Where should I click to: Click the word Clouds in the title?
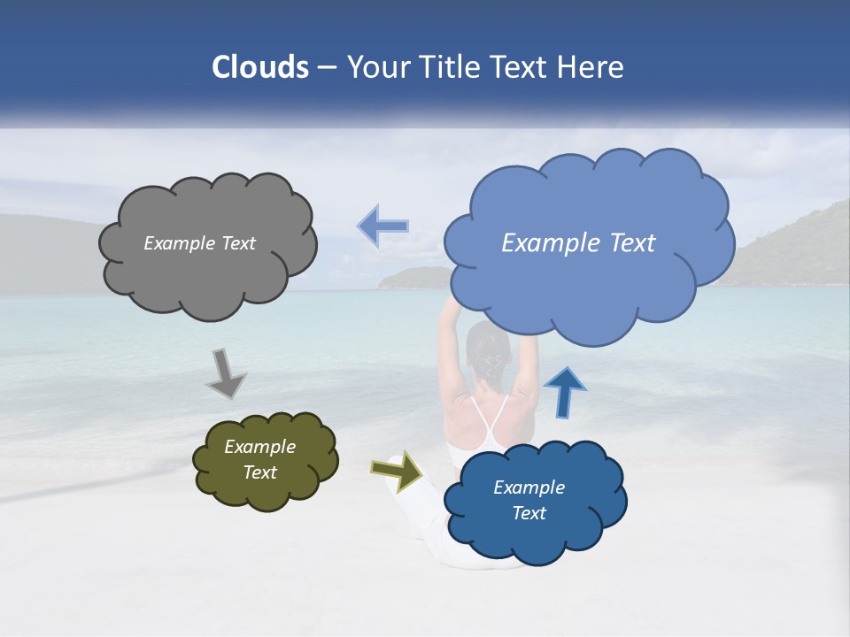260,67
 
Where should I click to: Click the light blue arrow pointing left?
383,226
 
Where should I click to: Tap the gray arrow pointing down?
225,372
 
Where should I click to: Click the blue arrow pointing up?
564,392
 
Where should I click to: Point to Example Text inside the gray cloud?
199,243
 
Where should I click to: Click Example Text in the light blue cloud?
578,243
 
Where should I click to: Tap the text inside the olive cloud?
259,459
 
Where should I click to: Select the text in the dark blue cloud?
529,500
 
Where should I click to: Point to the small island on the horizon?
413,278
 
